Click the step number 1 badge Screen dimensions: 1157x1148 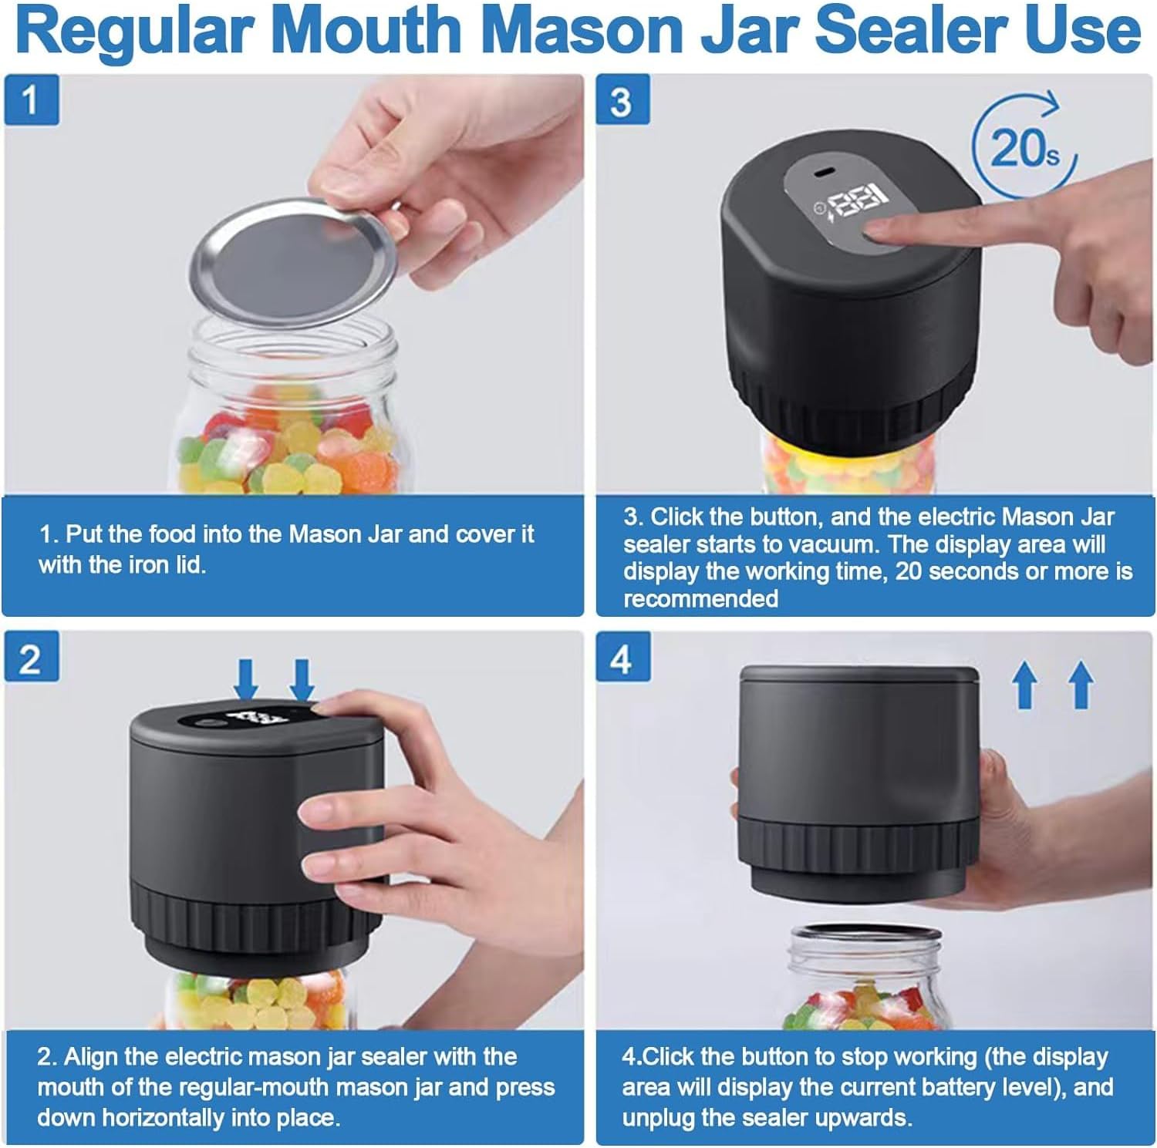pyautogui.click(x=31, y=100)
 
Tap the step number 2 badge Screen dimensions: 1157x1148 pyautogui.click(x=31, y=659)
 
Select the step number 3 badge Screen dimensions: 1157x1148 pyautogui.click(x=622, y=100)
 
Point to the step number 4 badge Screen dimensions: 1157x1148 pyautogui.click(x=622, y=659)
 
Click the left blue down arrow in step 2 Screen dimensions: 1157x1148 pyautogui.click(x=246, y=678)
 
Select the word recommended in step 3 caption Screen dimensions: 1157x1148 pyautogui.click(x=700, y=599)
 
